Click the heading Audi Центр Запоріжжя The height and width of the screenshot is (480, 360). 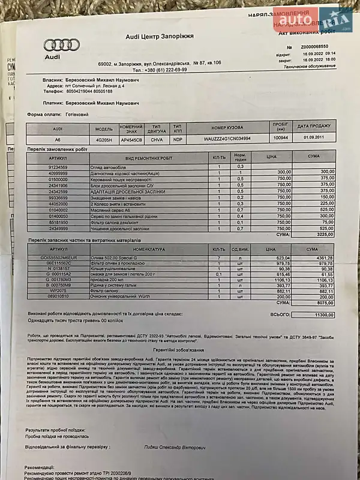click(160, 37)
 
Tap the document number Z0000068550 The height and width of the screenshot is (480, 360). click(319, 47)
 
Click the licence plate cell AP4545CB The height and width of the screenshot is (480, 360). click(131, 139)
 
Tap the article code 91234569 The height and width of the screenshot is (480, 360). click(58, 166)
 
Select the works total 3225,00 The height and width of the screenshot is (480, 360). click(323, 235)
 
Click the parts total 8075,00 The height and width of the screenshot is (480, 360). click(323, 303)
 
